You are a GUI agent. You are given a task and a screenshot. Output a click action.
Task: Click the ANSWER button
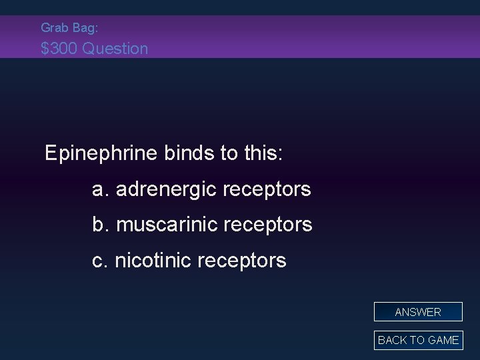point(418,312)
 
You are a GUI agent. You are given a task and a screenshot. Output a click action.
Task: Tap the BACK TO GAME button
point(418,340)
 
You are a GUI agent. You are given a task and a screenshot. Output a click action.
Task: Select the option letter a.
point(100,190)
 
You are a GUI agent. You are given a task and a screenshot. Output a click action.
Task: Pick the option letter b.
point(100,225)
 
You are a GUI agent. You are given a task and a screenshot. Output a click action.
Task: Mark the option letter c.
point(99,261)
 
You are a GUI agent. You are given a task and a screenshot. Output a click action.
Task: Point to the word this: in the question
point(262,154)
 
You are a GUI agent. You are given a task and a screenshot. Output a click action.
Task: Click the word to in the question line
point(225,154)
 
